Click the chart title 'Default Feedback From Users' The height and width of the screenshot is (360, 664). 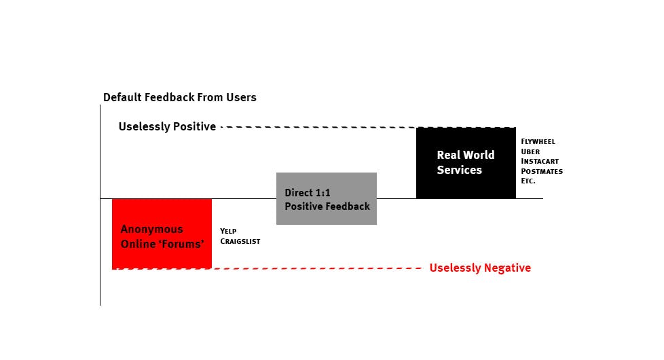pos(179,97)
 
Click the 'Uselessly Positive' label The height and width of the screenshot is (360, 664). pos(167,126)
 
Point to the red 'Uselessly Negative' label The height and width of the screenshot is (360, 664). pos(480,268)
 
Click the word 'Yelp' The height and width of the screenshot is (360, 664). pos(228,231)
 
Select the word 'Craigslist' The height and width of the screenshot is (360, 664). pos(240,241)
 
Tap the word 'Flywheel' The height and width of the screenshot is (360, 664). pos(538,141)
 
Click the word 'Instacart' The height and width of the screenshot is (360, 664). pos(540,161)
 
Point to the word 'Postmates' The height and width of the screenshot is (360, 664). pos(541,171)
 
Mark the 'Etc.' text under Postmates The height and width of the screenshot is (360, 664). pos(528,181)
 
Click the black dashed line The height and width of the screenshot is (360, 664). pos(319,127)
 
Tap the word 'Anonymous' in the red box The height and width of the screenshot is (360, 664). pos(151,229)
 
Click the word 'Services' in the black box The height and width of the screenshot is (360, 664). pos(459,170)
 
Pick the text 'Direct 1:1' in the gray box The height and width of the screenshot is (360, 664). pos(308,193)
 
